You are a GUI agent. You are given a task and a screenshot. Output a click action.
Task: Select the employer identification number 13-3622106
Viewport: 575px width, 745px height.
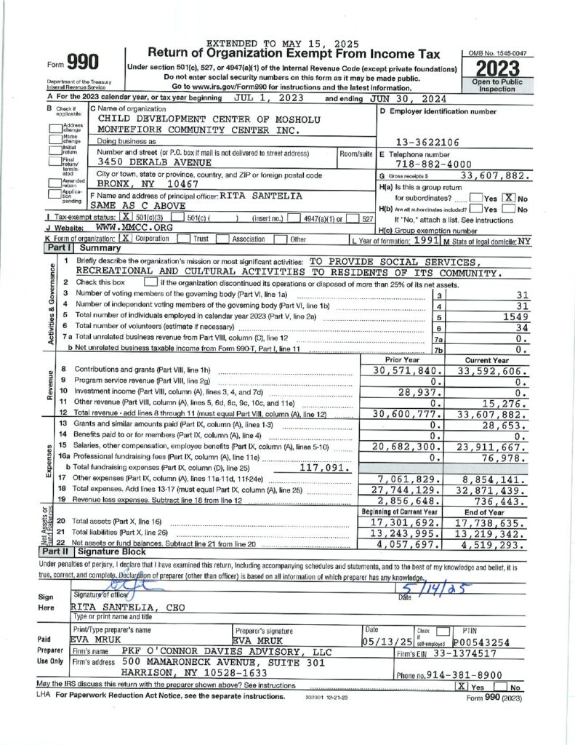[x=421, y=143]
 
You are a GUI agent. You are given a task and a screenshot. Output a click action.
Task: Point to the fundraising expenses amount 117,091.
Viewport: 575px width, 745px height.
[x=316, y=468]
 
